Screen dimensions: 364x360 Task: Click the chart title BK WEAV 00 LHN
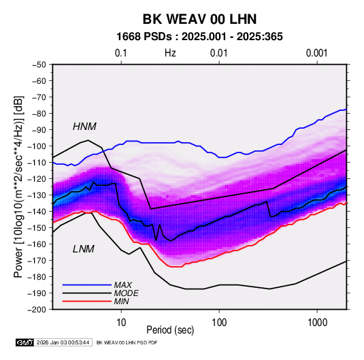click(199, 19)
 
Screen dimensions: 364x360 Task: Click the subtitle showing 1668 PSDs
click(199, 37)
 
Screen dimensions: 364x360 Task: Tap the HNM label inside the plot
click(84, 127)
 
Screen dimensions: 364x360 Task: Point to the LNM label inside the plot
click(84, 249)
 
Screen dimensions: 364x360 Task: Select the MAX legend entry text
click(123, 285)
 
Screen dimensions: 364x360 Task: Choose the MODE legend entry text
click(127, 293)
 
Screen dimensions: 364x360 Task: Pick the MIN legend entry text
click(121, 301)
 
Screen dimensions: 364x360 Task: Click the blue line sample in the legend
click(87, 285)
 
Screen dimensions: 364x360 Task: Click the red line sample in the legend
click(87, 301)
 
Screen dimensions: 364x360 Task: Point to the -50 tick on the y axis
click(39, 65)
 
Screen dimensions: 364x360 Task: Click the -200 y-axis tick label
click(37, 310)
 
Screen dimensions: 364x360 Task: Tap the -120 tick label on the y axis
click(37, 179)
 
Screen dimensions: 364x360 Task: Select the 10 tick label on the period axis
click(121, 323)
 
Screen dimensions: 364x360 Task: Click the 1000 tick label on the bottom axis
click(317, 323)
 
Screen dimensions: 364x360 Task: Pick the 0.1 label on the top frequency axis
click(121, 53)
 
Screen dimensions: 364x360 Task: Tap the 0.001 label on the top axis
click(317, 53)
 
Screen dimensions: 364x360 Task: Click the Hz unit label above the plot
click(170, 53)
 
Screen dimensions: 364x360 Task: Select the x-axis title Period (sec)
click(170, 330)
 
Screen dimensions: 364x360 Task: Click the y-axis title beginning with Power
click(18, 186)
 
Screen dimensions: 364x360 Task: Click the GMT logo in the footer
click(25, 342)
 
